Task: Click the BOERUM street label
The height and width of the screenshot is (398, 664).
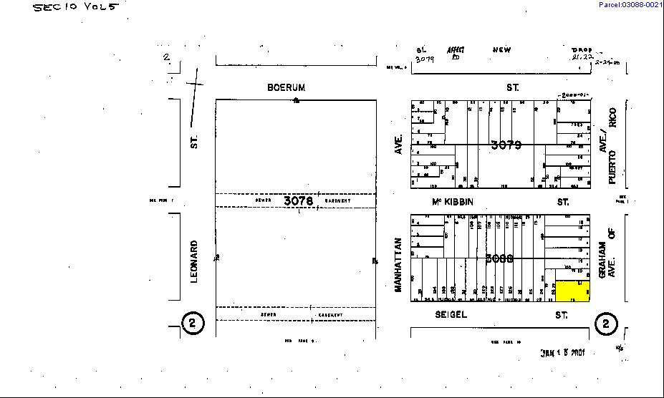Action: [x=286, y=87]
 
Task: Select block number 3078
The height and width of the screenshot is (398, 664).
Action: [x=298, y=201]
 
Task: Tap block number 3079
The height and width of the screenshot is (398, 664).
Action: [x=506, y=145]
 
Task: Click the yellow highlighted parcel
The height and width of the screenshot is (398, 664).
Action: [x=573, y=291]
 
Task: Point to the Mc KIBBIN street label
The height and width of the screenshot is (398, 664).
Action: [x=453, y=202]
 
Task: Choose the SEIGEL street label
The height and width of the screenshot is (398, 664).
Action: [x=451, y=314]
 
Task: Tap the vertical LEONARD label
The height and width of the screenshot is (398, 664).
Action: [x=194, y=261]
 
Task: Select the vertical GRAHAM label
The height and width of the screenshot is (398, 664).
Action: [x=602, y=259]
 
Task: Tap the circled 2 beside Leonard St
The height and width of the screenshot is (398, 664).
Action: [x=192, y=324]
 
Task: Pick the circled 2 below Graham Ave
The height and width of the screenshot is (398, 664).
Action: [x=606, y=324]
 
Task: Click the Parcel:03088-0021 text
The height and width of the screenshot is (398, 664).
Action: [x=630, y=5]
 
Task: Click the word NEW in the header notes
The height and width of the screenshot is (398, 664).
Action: [x=501, y=50]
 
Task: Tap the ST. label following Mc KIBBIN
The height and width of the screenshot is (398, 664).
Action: [x=564, y=202]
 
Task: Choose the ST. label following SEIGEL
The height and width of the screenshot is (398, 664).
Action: [x=562, y=314]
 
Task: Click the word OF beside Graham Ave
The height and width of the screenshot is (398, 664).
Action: [x=612, y=231]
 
